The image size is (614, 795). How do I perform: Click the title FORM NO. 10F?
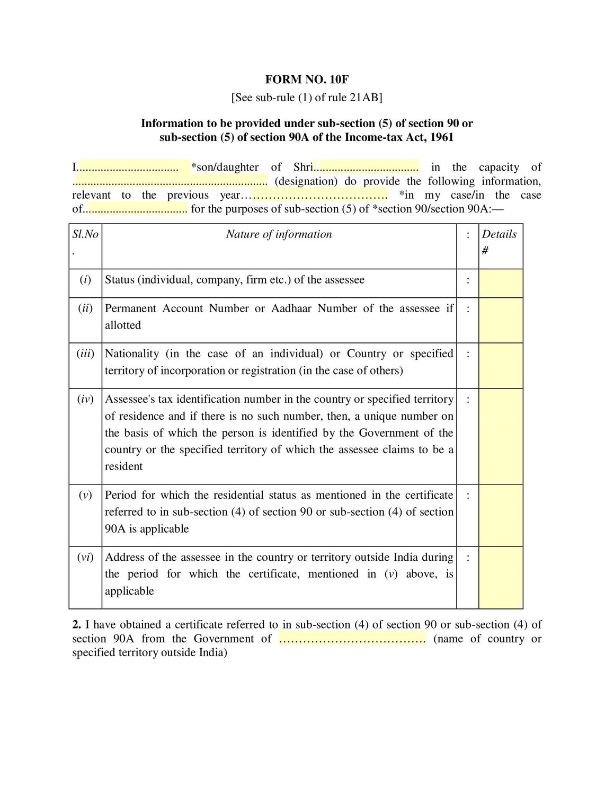(x=307, y=80)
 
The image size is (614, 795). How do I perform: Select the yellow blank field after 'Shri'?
(x=367, y=167)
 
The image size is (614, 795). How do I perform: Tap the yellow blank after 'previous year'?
(x=319, y=195)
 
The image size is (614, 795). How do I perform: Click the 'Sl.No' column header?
(x=85, y=235)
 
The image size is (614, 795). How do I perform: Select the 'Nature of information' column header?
(x=279, y=234)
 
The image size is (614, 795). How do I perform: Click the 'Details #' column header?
(x=499, y=241)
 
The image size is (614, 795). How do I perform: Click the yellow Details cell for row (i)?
(x=501, y=283)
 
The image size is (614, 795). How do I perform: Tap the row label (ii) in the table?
(x=85, y=308)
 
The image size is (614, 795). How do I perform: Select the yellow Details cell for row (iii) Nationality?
(x=501, y=365)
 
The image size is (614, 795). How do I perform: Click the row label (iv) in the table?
(x=85, y=399)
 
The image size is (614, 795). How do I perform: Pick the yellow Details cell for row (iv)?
(x=501, y=436)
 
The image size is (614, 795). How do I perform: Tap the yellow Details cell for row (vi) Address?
(x=501, y=577)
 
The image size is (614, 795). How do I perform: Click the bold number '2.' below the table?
(x=77, y=625)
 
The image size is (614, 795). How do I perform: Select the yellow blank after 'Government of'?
(x=352, y=639)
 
